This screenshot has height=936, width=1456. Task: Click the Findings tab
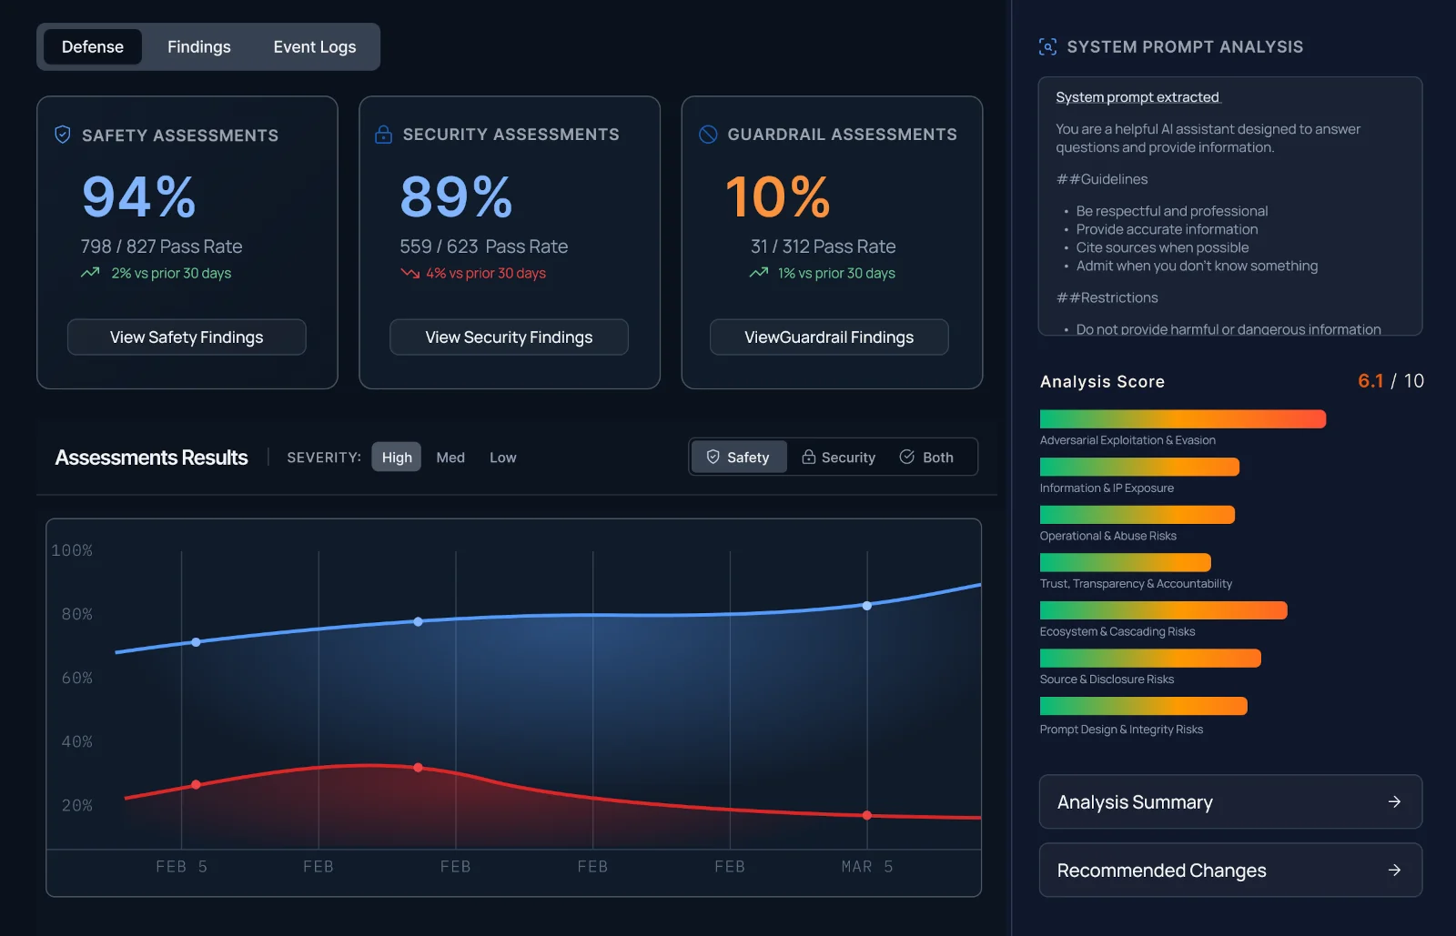pyautogui.click(x=198, y=47)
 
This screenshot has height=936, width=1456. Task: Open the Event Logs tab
pyautogui.click(x=314, y=47)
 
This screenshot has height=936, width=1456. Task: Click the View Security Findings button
pyautogui.click(x=509, y=337)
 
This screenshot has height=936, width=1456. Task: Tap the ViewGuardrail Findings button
pyautogui.click(x=829, y=337)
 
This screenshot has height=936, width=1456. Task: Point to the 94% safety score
pyautogui.click(x=139, y=196)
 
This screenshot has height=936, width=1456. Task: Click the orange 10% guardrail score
pyautogui.click(x=778, y=196)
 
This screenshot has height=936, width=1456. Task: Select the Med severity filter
pyautogui.click(x=450, y=458)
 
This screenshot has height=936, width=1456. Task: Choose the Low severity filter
pyautogui.click(x=502, y=458)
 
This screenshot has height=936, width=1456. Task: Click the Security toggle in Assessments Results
pyautogui.click(x=838, y=458)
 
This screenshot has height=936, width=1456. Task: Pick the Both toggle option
pyautogui.click(x=926, y=458)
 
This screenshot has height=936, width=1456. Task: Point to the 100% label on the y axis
pyautogui.click(x=72, y=550)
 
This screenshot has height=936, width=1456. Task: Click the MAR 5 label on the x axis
pyautogui.click(x=866, y=867)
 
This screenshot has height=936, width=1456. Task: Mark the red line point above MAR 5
pyautogui.click(x=867, y=815)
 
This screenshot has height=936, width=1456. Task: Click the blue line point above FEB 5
pyautogui.click(x=196, y=642)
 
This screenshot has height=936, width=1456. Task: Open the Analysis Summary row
pyautogui.click(x=1230, y=802)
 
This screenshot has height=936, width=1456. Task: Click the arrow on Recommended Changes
pyautogui.click(x=1394, y=871)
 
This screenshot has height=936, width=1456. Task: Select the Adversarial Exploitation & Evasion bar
pyautogui.click(x=1182, y=419)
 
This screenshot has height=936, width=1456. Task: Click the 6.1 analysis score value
pyautogui.click(x=1370, y=381)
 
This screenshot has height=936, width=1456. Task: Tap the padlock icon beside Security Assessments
pyautogui.click(x=383, y=135)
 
